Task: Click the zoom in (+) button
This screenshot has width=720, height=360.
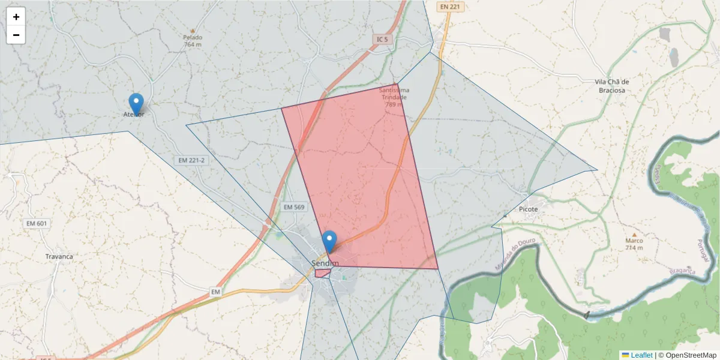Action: click(16, 17)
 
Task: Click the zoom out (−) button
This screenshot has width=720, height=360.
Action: click(16, 35)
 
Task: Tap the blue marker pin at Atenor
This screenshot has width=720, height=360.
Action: click(136, 103)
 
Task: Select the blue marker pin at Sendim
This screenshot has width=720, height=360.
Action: click(329, 241)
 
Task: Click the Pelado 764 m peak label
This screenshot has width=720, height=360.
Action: click(193, 40)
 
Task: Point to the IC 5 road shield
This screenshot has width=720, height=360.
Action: click(382, 40)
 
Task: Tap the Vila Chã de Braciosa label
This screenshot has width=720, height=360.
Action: click(611, 86)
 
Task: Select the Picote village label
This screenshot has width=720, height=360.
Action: click(529, 209)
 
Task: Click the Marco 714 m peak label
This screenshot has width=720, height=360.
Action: click(634, 244)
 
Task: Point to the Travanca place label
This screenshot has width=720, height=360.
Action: click(59, 256)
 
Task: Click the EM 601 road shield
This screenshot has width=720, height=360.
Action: click(37, 223)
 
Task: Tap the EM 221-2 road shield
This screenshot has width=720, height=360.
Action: click(191, 160)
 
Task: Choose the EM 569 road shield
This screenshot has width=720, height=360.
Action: click(294, 206)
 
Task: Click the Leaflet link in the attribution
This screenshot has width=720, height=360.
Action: click(641, 355)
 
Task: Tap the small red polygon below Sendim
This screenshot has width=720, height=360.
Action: click(322, 273)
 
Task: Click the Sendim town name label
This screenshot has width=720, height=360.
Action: click(325, 263)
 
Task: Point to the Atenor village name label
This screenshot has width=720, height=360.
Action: click(133, 114)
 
